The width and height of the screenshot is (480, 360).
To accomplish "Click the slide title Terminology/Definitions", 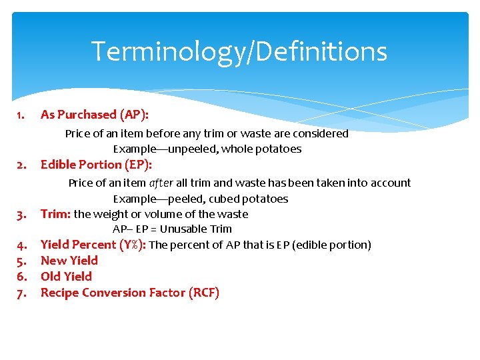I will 239,51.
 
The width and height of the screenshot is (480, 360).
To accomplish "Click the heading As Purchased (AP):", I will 94,115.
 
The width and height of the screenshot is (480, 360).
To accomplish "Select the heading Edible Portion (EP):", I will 96,165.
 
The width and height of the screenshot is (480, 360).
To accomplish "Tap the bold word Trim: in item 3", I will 55,214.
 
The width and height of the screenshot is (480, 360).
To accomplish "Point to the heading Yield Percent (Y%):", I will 93,245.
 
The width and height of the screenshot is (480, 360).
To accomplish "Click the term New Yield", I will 69,261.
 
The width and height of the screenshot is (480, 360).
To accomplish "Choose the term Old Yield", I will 66,277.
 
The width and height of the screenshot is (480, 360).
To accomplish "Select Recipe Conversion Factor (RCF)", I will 129,293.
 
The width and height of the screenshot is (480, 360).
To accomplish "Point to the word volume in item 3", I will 165,214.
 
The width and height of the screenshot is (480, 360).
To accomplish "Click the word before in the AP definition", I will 163,133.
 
